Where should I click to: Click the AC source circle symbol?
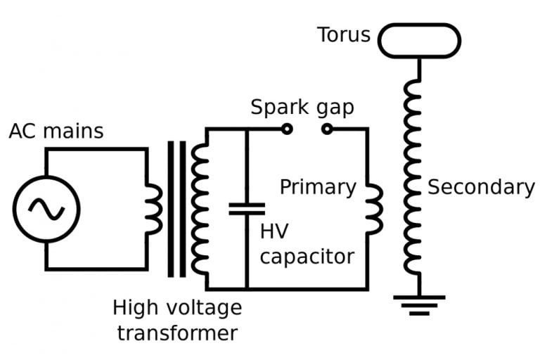pyautogui.click(x=46, y=209)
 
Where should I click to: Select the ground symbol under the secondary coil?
pyautogui.click(x=419, y=303)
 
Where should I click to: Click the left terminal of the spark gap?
pyautogui.click(x=286, y=129)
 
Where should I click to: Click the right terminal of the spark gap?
pyautogui.click(x=326, y=129)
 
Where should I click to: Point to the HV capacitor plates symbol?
pyautogui.click(x=247, y=208)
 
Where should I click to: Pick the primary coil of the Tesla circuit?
pyautogui.click(x=373, y=208)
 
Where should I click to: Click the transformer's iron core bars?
pyautogui.click(x=177, y=209)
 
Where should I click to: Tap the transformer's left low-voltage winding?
pyautogui.click(x=154, y=209)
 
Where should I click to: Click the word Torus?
pyautogui.click(x=343, y=34)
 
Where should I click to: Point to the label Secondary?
pyautogui.click(x=481, y=187)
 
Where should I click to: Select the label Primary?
pyautogui.click(x=318, y=187)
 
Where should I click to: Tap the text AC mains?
pyautogui.click(x=56, y=131)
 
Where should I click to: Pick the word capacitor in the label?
pyautogui.click(x=307, y=255)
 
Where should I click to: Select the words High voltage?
pyautogui.click(x=177, y=307)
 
